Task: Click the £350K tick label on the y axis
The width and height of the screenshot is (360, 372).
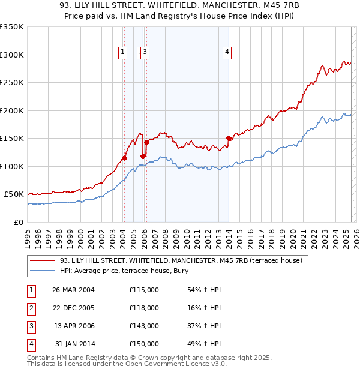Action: [x=12, y=27]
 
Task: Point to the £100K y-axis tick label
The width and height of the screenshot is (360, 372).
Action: [x=12, y=166]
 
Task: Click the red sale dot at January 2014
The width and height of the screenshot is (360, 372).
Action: [x=229, y=139]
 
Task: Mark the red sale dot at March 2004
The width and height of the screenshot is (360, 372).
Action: [x=124, y=158]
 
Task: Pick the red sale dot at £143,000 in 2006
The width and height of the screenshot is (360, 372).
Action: [x=146, y=143]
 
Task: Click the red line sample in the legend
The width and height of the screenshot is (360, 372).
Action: [x=43, y=260]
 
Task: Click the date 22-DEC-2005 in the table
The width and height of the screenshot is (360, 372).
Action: [x=74, y=308]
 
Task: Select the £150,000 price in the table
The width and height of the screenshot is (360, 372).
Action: [x=143, y=344]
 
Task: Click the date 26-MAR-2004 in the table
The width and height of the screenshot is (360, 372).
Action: [x=74, y=290]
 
